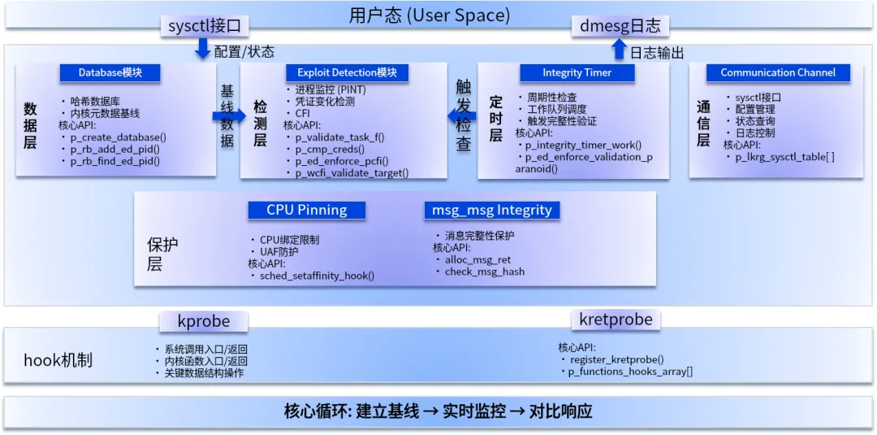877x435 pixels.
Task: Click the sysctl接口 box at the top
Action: tap(204, 26)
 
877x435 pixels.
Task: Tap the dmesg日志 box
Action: tap(620, 26)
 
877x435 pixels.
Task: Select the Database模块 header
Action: tap(110, 72)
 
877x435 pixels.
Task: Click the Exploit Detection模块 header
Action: tap(347, 72)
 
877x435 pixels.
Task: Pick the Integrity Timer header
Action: tap(577, 72)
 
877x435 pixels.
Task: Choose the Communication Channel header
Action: tap(777, 72)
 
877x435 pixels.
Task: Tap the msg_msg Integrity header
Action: tap(491, 210)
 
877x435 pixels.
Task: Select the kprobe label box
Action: tap(203, 321)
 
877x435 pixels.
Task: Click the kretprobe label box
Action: tap(616, 320)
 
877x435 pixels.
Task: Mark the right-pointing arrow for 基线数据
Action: tap(228, 116)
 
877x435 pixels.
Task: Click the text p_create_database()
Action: tap(118, 137)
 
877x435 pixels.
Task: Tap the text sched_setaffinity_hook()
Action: tap(317, 276)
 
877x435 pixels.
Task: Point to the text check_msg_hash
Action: tap(484, 272)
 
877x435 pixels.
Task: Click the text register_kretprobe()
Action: tap(616, 359)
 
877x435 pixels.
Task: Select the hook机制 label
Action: tap(58, 360)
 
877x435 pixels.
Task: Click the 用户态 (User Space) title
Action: tap(430, 15)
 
